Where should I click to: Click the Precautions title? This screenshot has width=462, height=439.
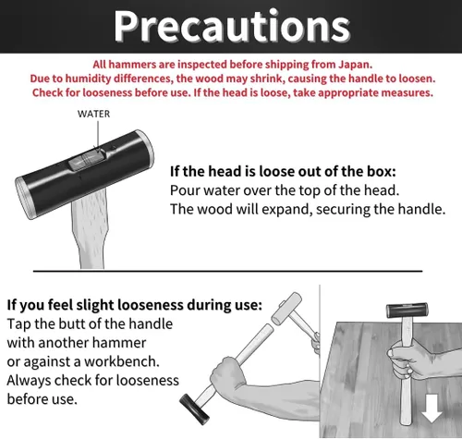(232, 26)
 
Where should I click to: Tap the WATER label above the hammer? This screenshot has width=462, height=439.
(93, 114)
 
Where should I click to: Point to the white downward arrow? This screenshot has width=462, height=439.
(432, 409)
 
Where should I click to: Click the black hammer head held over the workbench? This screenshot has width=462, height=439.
(407, 311)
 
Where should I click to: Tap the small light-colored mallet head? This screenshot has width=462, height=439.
(286, 308)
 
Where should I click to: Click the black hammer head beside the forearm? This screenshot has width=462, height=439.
(195, 409)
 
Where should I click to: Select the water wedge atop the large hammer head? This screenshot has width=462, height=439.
(88, 159)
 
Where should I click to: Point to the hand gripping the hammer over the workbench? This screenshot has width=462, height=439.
(406, 360)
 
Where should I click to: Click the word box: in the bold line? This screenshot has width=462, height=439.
(381, 171)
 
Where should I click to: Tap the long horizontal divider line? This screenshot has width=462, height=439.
(227, 271)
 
